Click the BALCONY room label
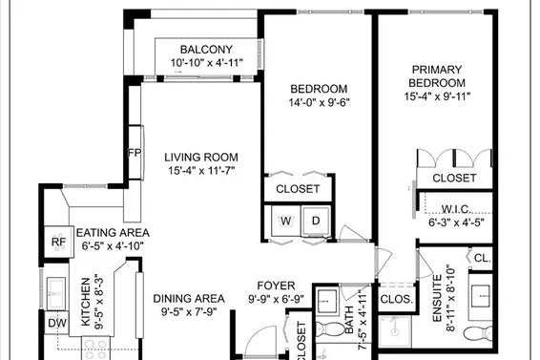(206, 50)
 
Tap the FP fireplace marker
(134, 153)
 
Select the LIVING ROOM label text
(200, 158)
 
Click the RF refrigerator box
(58, 243)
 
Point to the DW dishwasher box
(57, 323)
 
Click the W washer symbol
(285, 222)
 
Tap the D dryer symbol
(317, 222)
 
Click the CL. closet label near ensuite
(482, 258)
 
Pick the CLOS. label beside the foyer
(396, 298)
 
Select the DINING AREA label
(189, 297)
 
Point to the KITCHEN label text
(85, 303)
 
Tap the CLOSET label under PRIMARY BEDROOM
(454, 179)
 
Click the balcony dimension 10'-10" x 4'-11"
(206, 64)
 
